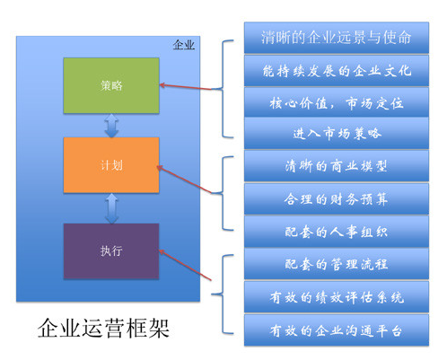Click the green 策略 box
pyautogui.click(x=111, y=85)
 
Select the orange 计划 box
pyautogui.click(x=111, y=165)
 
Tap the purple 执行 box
pyautogui.click(x=111, y=251)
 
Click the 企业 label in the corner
pyautogui.click(x=183, y=44)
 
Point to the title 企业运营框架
pyautogui.click(x=102, y=329)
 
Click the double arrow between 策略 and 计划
pyautogui.click(x=111, y=126)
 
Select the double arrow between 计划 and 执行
pyautogui.click(x=111, y=208)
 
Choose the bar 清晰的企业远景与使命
pyautogui.click(x=336, y=38)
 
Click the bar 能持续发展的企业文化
pyautogui.click(x=336, y=70)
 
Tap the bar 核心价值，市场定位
pyautogui.click(x=336, y=102)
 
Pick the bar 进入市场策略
pyautogui.click(x=336, y=135)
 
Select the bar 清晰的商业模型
pyautogui.click(x=336, y=166)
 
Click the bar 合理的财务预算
pyautogui.click(x=336, y=198)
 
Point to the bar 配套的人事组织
pyautogui.click(x=336, y=231)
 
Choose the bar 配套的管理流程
pyautogui.click(x=336, y=263)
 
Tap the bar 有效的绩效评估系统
pyautogui.click(x=336, y=296)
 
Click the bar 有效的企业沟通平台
pyautogui.click(x=336, y=329)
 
